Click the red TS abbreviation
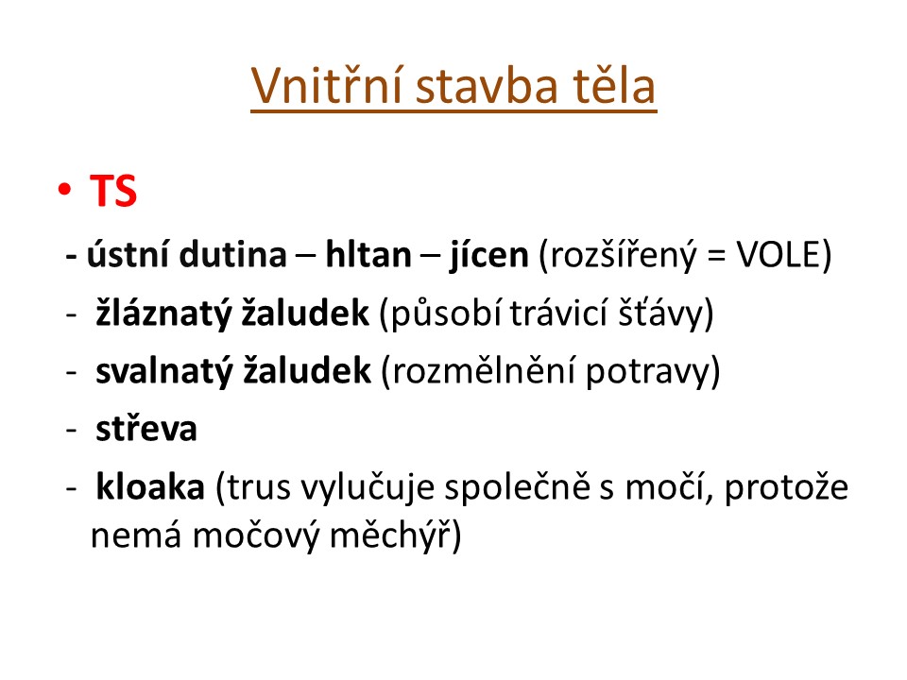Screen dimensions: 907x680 point(113,191)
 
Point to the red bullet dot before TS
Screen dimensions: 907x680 point(64,189)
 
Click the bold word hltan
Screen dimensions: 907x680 point(368,254)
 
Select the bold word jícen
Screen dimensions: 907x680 point(489,255)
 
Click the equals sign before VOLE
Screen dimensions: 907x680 point(716,256)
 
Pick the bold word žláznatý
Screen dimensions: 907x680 point(163,314)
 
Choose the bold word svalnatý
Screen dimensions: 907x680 point(163,371)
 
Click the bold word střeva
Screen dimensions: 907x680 point(146,429)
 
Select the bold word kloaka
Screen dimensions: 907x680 point(150,487)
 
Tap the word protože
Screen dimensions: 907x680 point(786,488)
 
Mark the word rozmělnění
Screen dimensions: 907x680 point(484,371)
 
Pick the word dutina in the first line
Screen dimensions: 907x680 point(232,254)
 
